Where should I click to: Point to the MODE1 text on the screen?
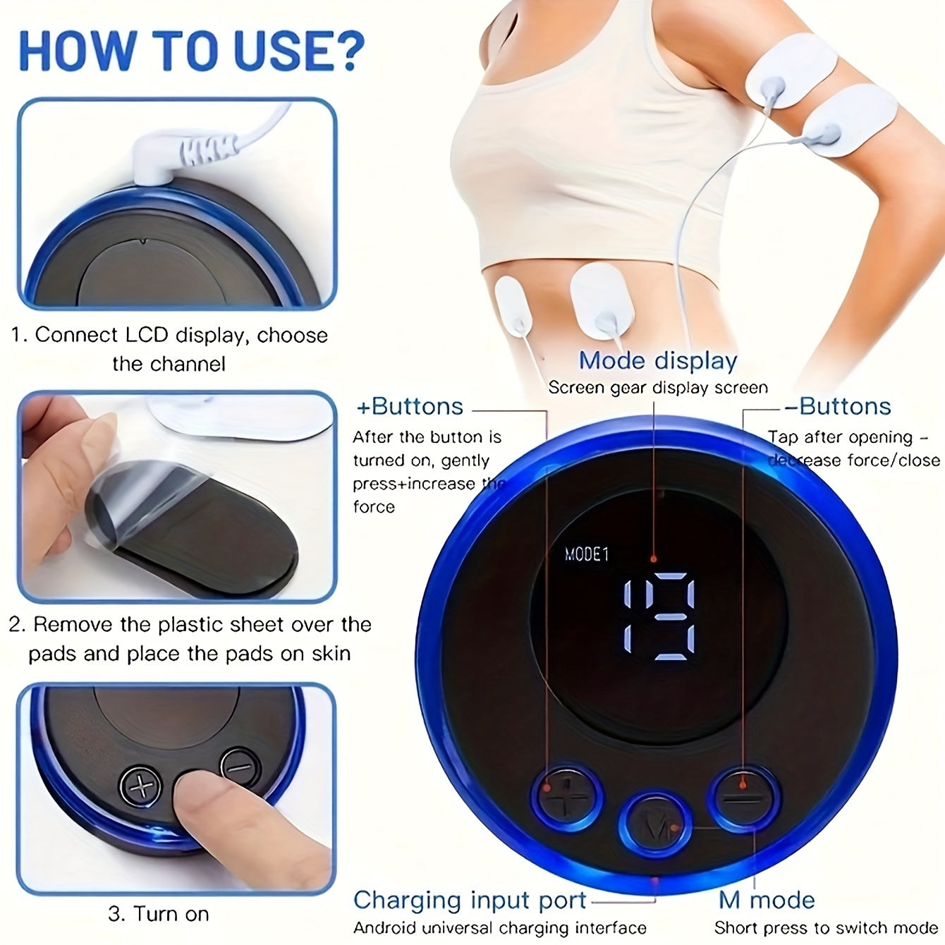(587, 554)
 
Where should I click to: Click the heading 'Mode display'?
(657, 360)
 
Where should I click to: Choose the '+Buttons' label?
(410, 407)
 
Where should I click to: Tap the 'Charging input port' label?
(470, 901)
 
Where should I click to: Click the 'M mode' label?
(767, 901)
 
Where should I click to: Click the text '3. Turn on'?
(159, 914)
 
